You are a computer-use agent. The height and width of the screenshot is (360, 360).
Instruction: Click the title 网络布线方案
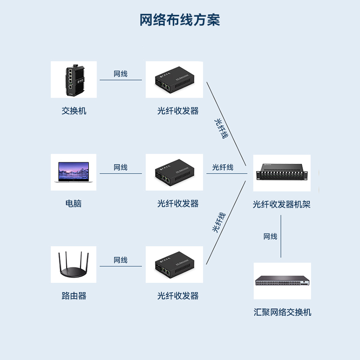point(180,20)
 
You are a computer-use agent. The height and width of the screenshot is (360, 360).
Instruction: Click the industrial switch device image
point(73,80)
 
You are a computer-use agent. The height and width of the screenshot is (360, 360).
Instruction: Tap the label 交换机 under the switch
point(74,111)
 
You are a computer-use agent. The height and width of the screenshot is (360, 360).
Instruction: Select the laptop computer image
point(73,172)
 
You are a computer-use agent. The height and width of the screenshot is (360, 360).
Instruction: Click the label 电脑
point(74,203)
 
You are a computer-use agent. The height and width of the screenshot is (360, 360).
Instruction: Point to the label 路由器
point(74,296)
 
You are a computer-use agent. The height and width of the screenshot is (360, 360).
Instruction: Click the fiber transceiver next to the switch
point(174,80)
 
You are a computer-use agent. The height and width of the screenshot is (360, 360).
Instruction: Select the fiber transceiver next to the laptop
point(174,172)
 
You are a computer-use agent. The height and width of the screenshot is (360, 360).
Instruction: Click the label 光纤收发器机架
point(282,205)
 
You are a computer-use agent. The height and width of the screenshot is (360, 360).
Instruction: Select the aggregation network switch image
point(282,281)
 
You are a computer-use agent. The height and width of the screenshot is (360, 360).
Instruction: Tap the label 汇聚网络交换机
point(282,312)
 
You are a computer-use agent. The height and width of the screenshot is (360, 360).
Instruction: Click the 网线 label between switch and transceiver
point(121,74)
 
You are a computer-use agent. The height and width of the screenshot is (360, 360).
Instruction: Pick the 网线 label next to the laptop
point(121,167)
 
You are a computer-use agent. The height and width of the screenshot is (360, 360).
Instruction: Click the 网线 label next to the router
point(121,260)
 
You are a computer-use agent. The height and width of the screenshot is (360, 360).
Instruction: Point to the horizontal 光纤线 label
point(223,167)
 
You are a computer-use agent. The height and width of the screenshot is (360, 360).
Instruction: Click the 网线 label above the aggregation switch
point(270,237)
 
